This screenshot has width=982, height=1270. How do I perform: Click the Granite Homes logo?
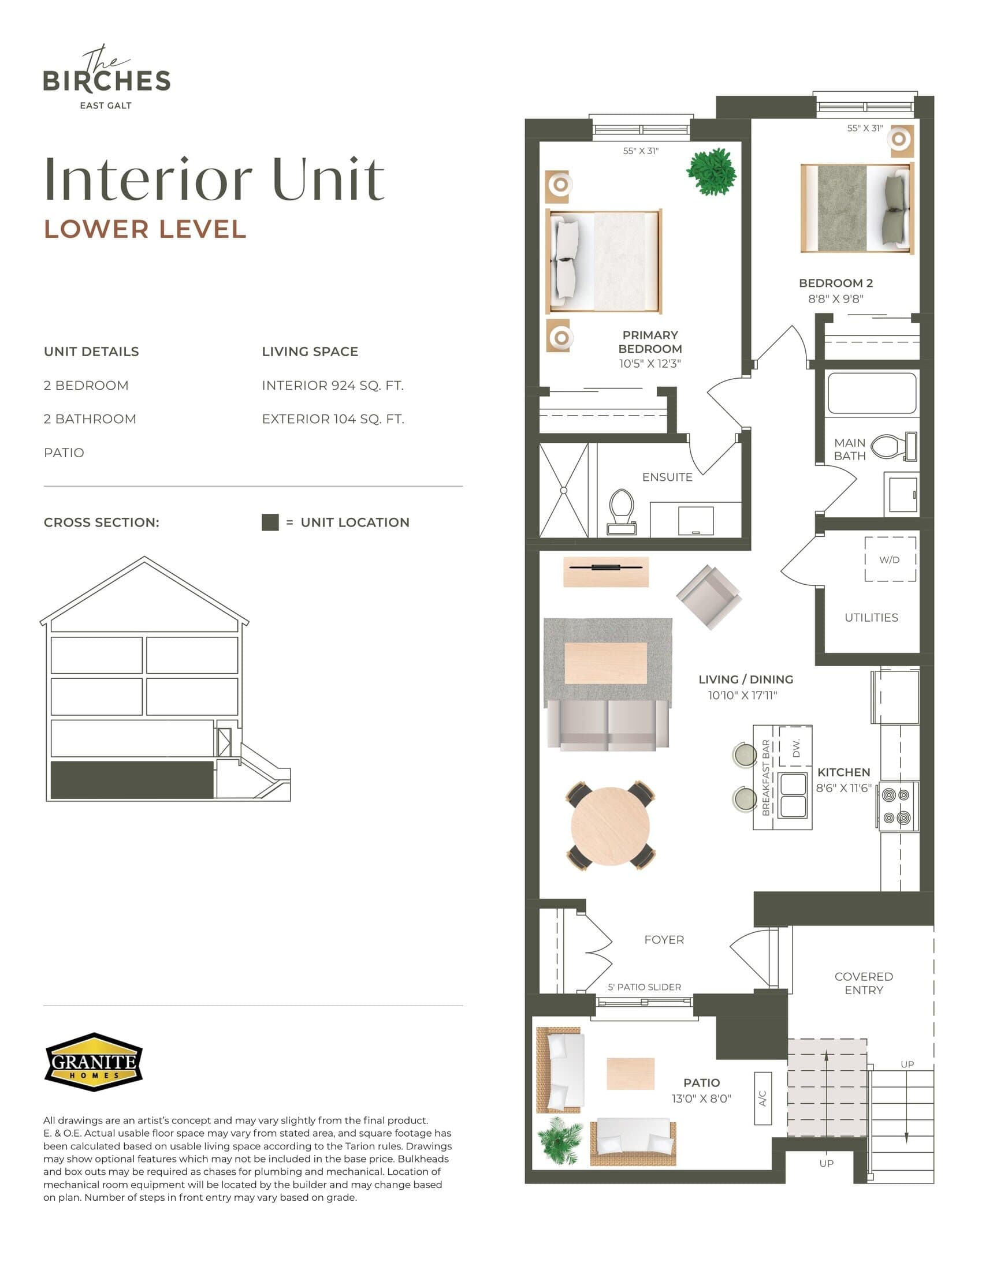94,1062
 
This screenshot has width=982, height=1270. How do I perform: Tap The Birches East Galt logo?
107,78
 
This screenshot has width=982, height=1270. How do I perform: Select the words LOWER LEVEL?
146,229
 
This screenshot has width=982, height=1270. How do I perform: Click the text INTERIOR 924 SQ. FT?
332,386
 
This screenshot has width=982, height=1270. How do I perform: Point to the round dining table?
610,826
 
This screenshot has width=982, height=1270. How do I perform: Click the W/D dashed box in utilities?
890,559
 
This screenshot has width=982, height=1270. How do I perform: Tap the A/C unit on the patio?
762,1099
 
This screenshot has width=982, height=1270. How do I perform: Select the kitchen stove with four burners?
897,806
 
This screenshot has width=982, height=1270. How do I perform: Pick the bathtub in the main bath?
872,393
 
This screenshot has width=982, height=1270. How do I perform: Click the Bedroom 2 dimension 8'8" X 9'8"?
835,299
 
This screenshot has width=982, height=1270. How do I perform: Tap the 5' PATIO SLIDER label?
644,987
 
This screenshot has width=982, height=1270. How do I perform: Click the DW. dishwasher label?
796,748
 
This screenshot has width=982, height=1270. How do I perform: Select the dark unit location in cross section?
132,780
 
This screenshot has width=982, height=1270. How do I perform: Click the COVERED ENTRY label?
864,983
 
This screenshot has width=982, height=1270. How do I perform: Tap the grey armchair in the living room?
709,597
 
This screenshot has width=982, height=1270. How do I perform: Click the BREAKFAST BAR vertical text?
765,778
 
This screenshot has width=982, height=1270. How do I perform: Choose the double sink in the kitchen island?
793,795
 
